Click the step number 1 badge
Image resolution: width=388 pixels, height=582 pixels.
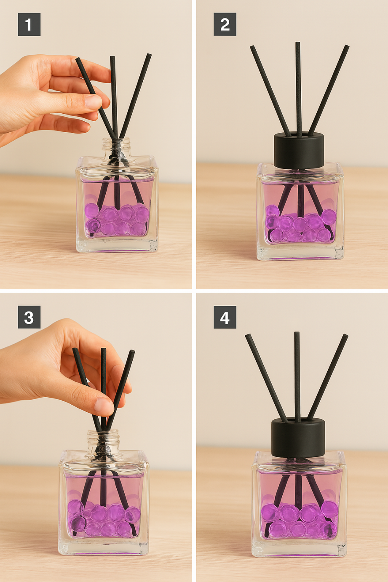(x=29, y=24)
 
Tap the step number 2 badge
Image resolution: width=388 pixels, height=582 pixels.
(x=225, y=24)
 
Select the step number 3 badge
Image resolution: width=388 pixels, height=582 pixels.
(x=29, y=317)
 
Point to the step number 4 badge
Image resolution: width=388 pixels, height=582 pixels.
(x=225, y=317)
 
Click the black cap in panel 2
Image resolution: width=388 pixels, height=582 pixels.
(x=299, y=150)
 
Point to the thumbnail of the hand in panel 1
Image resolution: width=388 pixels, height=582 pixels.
(x=93, y=101)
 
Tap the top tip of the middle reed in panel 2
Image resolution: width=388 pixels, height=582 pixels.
(x=297, y=43)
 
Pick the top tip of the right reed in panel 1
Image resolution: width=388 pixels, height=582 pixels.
(x=149, y=55)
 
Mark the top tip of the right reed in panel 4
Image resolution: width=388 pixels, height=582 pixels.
(x=345, y=336)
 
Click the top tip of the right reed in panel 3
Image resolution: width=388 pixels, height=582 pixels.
(x=133, y=351)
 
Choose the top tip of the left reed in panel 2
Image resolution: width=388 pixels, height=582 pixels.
(x=252, y=47)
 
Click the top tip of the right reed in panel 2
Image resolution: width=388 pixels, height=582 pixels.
(x=347, y=46)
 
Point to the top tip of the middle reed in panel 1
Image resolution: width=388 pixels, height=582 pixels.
(x=112, y=57)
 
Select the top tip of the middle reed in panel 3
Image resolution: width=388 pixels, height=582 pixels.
(x=104, y=349)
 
